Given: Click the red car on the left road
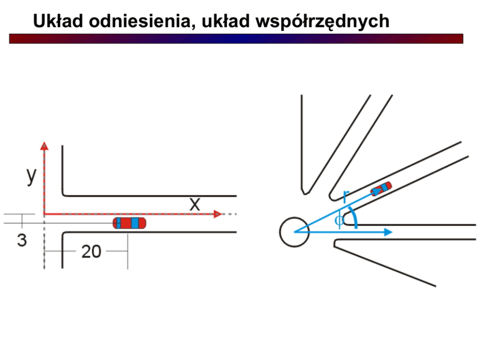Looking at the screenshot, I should [x=129, y=223].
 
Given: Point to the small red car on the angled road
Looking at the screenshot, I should [x=381, y=189].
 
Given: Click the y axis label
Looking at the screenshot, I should [x=31, y=177].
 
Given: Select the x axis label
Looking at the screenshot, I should [x=195, y=204].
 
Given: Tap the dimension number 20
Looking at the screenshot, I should [x=91, y=252].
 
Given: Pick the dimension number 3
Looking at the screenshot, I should [x=22, y=240].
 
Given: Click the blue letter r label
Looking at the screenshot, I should [x=345, y=196].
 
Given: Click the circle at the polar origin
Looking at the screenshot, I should [x=294, y=232].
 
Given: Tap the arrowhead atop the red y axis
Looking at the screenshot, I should [x=45, y=146].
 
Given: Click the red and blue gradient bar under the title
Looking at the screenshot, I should [x=236, y=39].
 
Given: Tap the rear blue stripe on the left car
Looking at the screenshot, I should [x=119, y=223].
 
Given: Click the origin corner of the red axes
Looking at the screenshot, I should [x=45, y=213].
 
